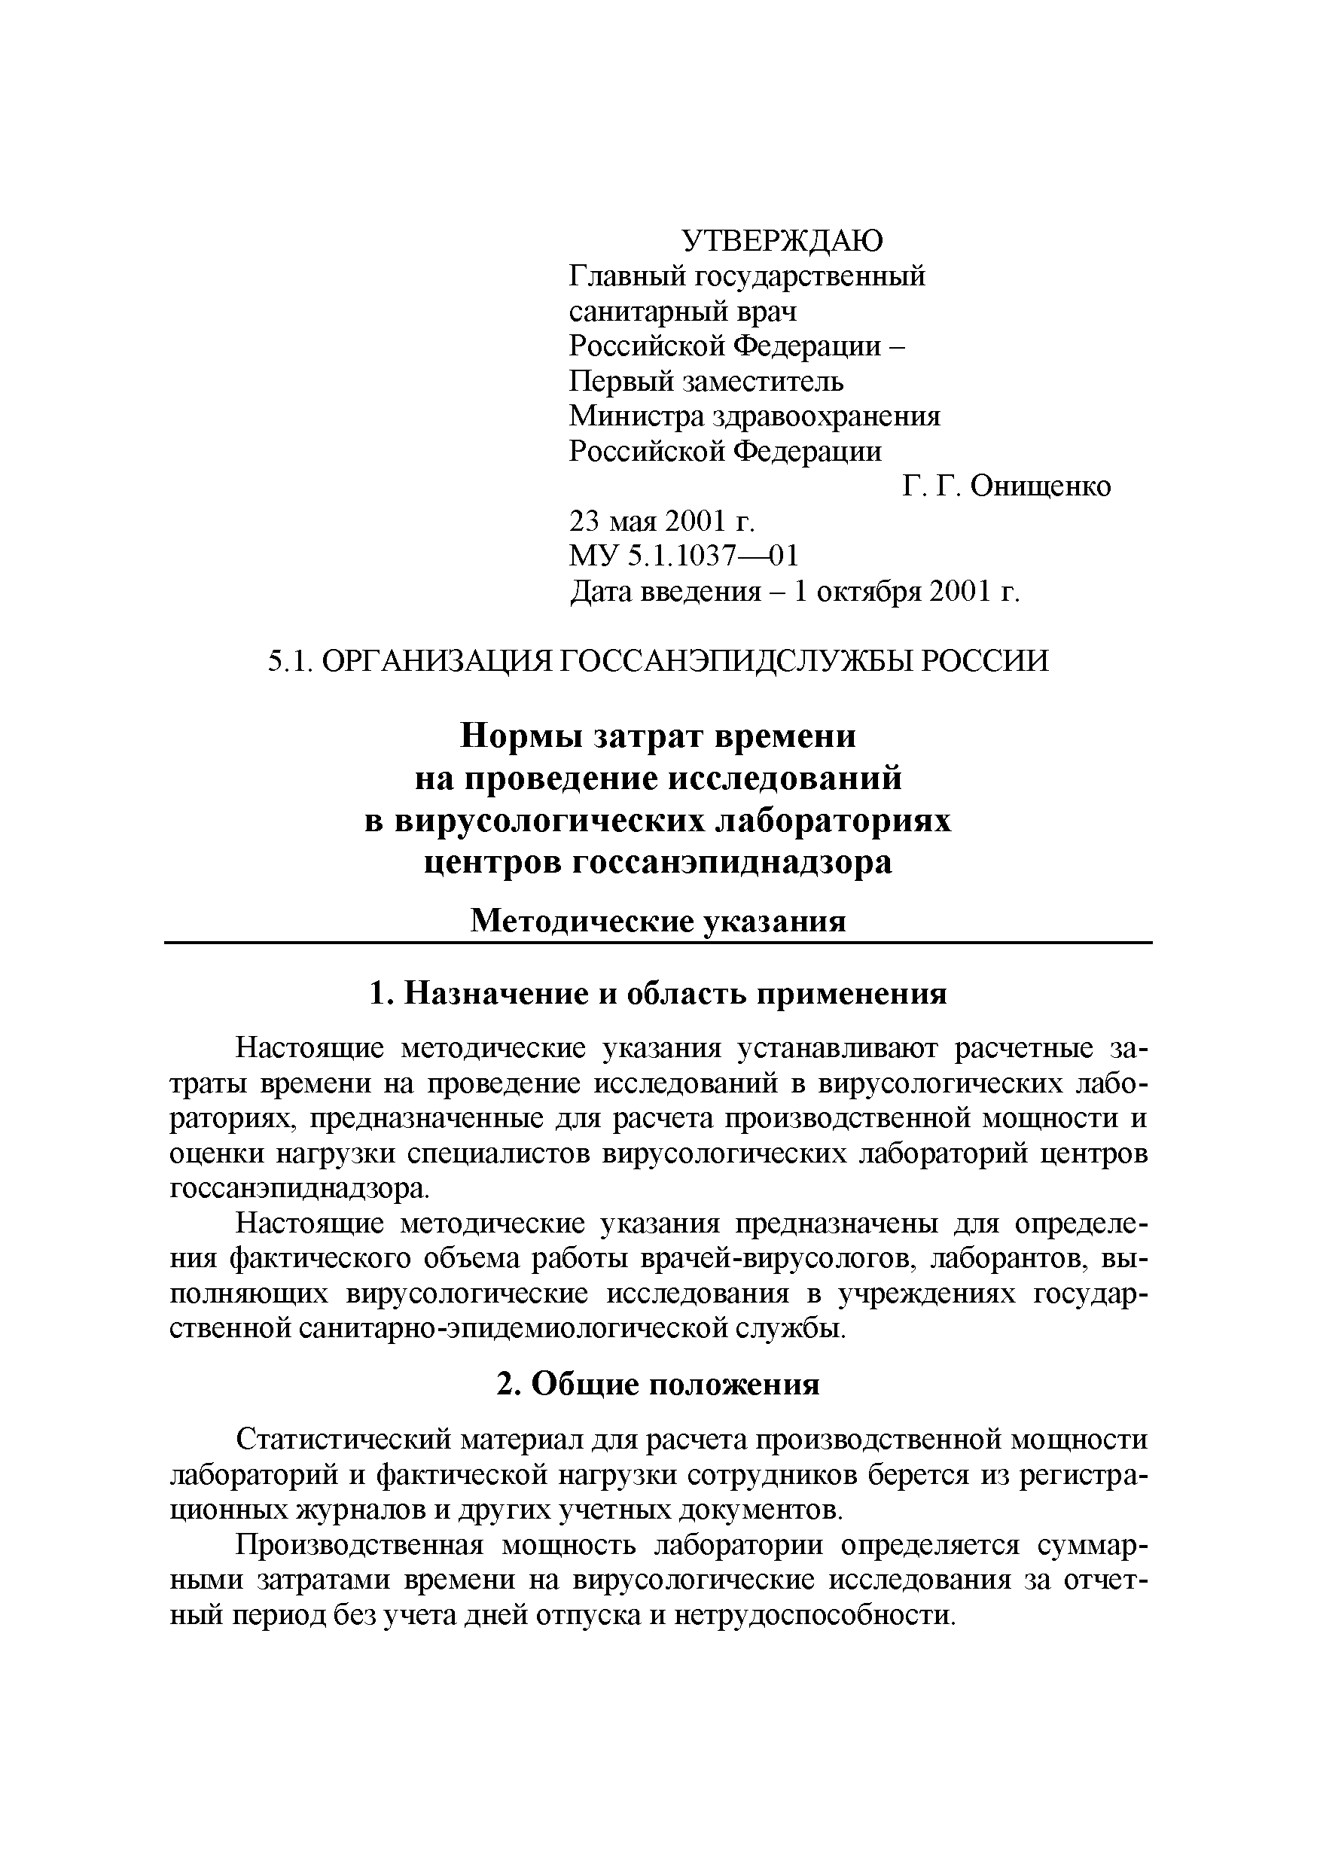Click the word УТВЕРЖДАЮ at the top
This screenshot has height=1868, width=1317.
(781, 241)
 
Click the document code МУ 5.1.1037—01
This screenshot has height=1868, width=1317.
(683, 556)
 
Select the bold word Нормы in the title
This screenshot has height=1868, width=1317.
(523, 737)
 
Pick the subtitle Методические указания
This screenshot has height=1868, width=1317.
(658, 921)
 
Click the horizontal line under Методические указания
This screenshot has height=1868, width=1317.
(658, 943)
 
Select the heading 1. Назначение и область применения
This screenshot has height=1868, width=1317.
(658, 994)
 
